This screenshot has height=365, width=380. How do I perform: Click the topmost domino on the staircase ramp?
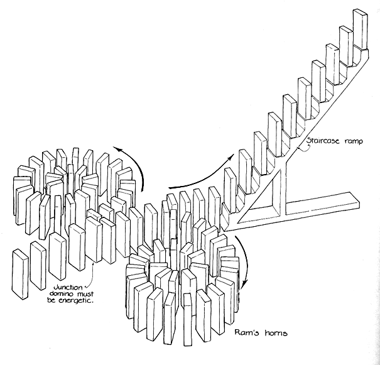360,28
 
